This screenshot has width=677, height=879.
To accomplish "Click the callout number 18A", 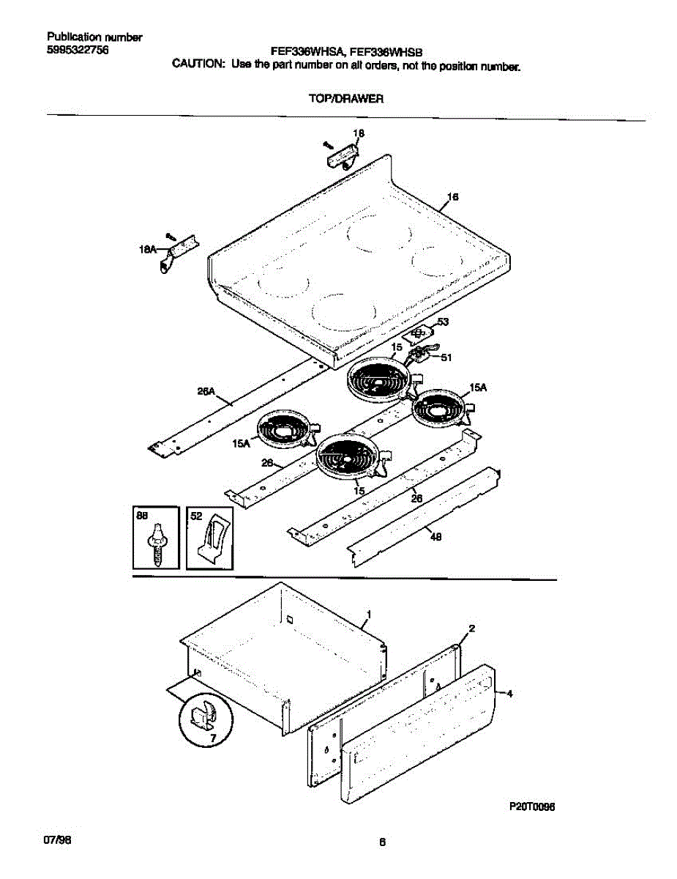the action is (x=147, y=250).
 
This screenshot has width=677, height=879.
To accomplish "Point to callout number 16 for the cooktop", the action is (x=453, y=196).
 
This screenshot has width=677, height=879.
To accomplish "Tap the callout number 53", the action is (x=443, y=322).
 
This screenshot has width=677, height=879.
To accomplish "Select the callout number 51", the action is (x=446, y=357).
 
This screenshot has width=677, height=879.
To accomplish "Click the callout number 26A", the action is (x=206, y=392).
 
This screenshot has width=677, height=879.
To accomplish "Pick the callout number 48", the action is (x=435, y=536).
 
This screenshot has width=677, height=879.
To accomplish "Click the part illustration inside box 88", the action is (x=157, y=544).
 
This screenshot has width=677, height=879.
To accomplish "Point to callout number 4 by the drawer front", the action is (x=509, y=693).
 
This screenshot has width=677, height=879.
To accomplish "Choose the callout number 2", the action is (x=472, y=628).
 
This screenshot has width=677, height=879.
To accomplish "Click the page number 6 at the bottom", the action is (x=381, y=842).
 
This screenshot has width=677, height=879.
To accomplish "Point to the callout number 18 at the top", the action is (x=359, y=133).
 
